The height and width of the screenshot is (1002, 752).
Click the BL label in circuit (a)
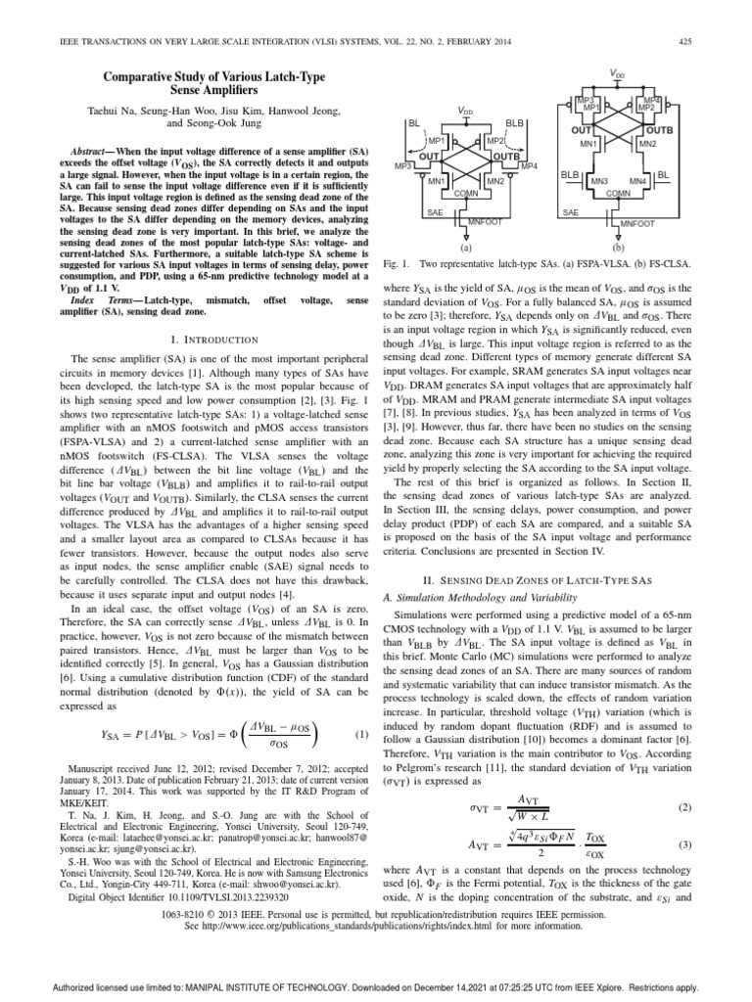tap(413, 124)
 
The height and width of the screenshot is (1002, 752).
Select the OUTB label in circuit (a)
tap(505, 157)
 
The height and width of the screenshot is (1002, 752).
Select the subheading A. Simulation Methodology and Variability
tap(469, 596)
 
